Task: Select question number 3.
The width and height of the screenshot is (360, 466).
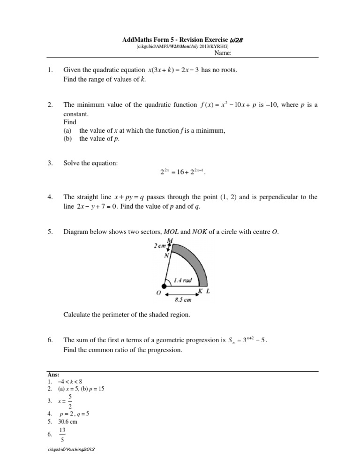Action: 50,163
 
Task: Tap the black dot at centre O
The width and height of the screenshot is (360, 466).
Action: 164,286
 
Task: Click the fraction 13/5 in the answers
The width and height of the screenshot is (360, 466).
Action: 62,434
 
